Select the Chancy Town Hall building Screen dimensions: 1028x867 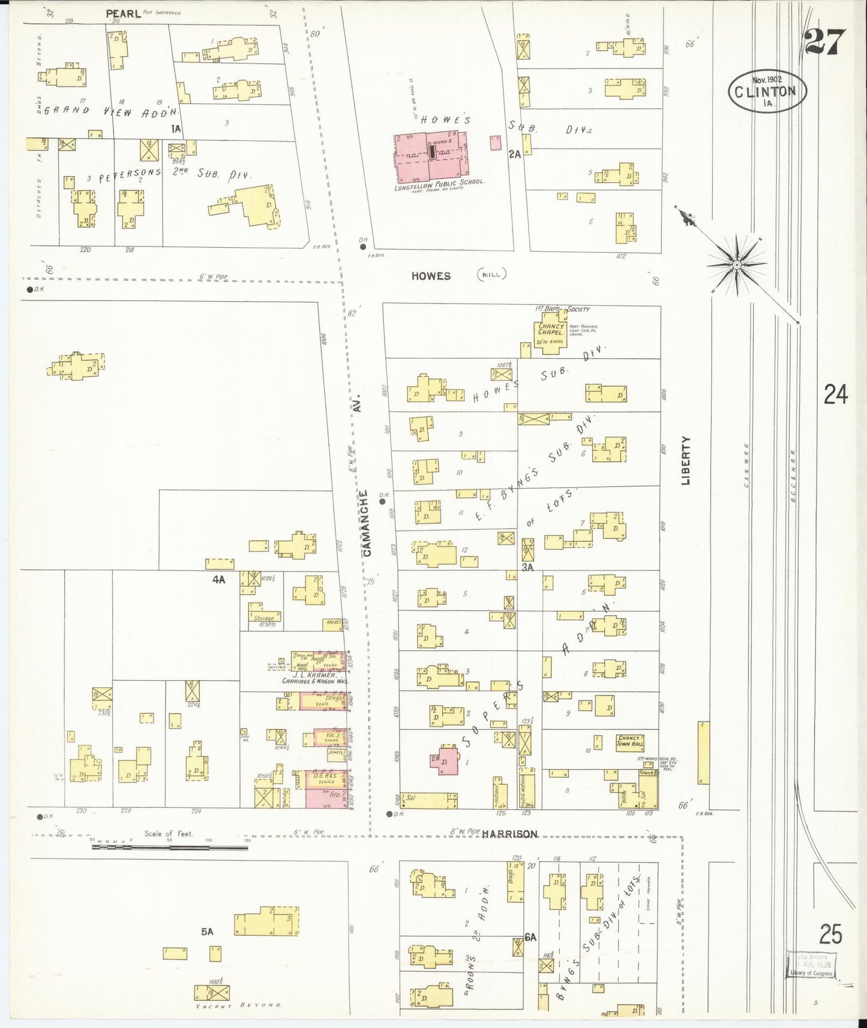[x=630, y=741]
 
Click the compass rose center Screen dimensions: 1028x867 [x=736, y=264]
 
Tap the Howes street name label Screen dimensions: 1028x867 [x=431, y=276]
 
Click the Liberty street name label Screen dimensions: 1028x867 [x=686, y=460]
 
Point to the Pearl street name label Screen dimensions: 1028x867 [x=123, y=13]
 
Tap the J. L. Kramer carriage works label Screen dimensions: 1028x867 [x=315, y=678]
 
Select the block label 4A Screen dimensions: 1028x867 [x=218, y=579]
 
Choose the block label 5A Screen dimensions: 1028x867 [x=208, y=931]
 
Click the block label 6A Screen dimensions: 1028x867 [x=530, y=937]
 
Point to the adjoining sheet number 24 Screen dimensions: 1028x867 [x=835, y=395]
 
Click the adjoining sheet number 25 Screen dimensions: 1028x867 [x=831, y=934]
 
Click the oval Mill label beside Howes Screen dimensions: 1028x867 [x=491, y=275]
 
